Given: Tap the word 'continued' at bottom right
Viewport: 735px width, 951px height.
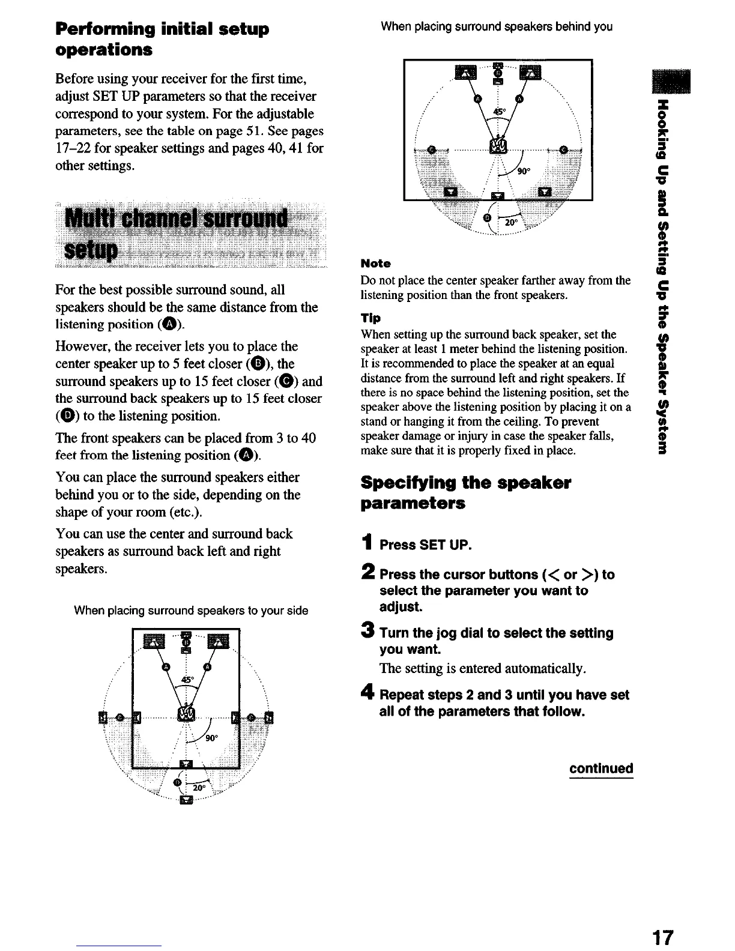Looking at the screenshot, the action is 601,768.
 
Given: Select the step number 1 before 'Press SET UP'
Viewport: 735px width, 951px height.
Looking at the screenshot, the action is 368,543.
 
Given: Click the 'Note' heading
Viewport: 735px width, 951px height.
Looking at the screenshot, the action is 375,264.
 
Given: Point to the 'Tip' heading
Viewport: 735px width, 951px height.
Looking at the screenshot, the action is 369,318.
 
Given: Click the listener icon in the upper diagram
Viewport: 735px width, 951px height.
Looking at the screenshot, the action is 498,145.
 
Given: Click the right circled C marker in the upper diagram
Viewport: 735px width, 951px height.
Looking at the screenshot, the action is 563,150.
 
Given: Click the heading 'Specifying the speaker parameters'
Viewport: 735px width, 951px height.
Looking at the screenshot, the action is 465,492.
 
